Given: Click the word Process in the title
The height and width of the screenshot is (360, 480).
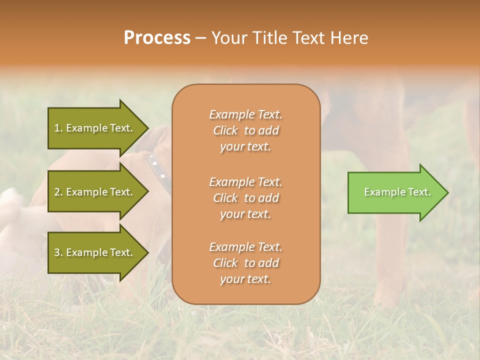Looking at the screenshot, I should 157,37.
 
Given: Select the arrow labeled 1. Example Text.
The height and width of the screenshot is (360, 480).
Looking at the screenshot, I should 95,128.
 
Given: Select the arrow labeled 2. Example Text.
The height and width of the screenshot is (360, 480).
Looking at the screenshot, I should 95,192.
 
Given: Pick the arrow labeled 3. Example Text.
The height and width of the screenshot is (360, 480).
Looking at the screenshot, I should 95,252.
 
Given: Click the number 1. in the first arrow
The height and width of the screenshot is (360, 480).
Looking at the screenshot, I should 58,128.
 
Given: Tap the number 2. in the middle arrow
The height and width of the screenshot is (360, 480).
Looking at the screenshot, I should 58,192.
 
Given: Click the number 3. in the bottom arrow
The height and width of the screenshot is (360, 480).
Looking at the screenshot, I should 58,252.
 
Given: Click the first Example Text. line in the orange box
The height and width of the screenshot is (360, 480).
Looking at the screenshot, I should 245,114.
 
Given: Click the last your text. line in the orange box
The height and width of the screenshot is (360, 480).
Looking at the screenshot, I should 245,279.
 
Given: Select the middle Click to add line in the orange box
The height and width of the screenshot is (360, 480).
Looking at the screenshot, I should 245,198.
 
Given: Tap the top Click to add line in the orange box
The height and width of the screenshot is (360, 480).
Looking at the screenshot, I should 245,130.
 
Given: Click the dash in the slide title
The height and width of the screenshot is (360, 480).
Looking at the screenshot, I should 200,37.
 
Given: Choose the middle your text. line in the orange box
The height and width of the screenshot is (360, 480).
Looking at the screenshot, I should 245,214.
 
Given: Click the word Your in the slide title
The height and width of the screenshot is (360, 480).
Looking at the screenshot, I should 228,37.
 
